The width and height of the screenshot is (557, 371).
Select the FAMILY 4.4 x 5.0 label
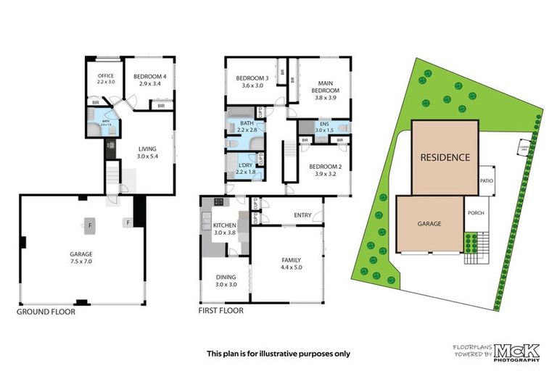(292, 263)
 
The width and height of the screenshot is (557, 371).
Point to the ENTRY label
(302, 215)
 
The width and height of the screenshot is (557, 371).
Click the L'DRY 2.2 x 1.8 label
(244, 169)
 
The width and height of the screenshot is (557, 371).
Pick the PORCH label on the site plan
(476, 213)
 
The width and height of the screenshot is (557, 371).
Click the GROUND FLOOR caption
(46, 312)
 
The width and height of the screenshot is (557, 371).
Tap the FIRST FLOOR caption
(220, 311)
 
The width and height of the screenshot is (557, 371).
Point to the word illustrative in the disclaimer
(275, 354)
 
